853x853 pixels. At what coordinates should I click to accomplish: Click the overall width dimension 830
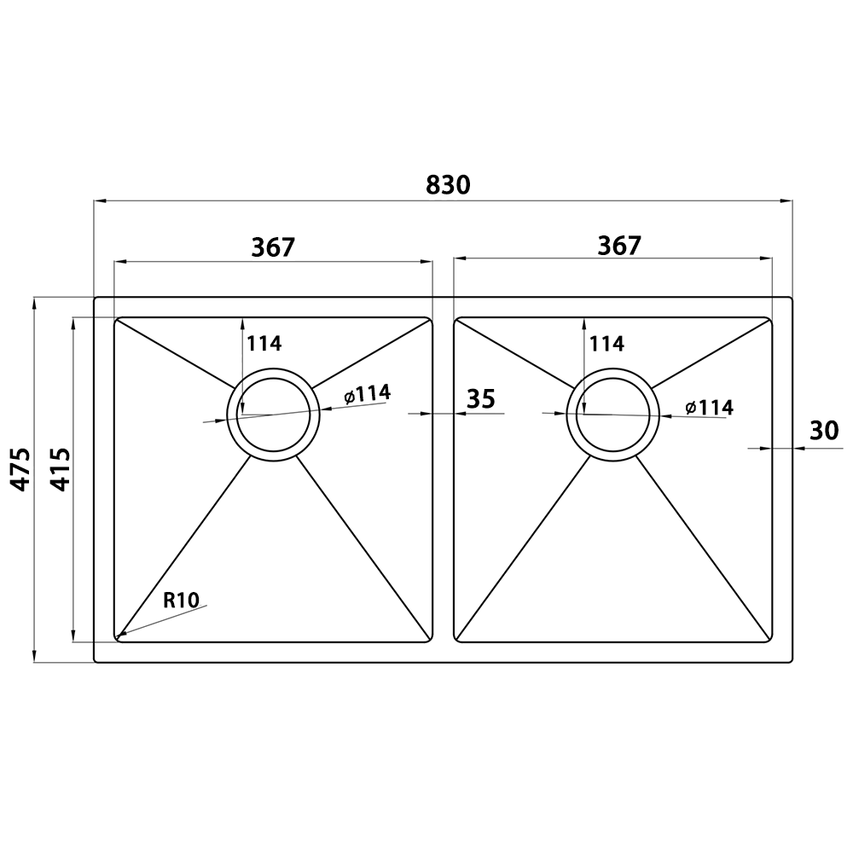coord(448,185)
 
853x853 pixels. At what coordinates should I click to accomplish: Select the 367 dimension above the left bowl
coord(273,247)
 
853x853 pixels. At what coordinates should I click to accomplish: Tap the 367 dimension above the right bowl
coord(619,246)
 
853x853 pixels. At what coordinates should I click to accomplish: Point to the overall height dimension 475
coord(21,469)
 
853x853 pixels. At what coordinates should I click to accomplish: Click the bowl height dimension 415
coord(60,469)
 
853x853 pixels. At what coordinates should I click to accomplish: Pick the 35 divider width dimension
coord(481,398)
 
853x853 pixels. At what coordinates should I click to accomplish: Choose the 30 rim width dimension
coord(824,431)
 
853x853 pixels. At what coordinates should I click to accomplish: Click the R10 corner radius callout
coord(182,601)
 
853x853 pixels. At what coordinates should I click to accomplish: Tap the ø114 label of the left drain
coord(367,394)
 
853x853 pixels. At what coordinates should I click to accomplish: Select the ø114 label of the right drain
coord(710,407)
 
